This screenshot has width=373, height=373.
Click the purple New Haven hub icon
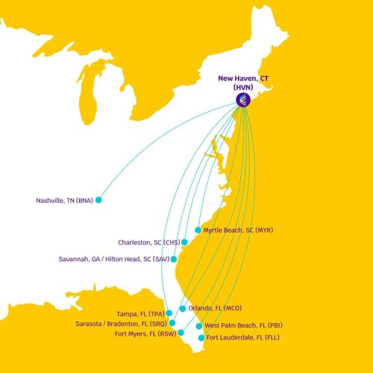click(243, 99)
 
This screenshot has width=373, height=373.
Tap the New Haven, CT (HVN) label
click(244, 81)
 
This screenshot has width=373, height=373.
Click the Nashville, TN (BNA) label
click(64, 200)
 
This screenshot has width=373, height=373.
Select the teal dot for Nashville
click(98, 200)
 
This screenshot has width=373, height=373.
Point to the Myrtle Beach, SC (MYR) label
click(238, 231)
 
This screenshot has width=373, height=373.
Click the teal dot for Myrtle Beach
click(198, 231)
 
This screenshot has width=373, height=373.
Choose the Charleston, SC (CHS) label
click(148, 242)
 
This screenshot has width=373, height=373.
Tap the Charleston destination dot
click(184, 242)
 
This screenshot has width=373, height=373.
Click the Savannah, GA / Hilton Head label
click(113, 260)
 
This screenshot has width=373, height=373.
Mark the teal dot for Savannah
click(174, 260)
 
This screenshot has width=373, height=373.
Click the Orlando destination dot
click(183, 308)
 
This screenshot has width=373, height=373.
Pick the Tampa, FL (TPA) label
click(140, 313)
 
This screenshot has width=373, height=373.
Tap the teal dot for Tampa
click(169, 313)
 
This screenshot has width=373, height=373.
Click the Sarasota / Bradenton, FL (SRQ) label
click(121, 324)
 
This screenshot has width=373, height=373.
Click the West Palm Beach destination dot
click(198, 326)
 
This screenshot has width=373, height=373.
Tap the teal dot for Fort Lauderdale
click(201, 338)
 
